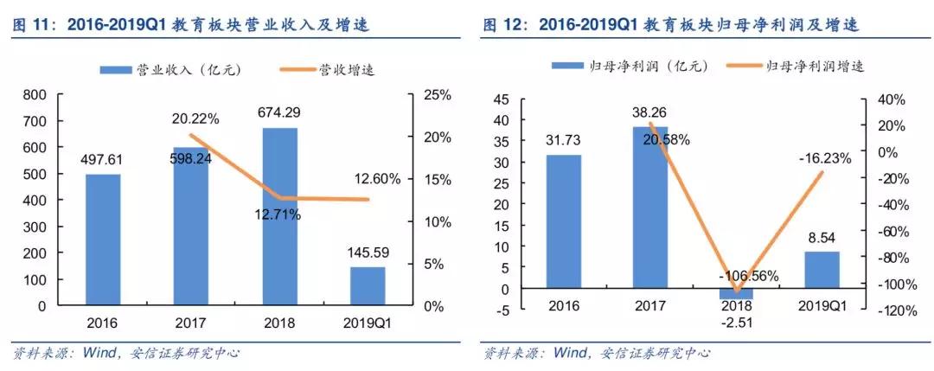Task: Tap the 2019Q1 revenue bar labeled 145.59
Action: click(368, 286)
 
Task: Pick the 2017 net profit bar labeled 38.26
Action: click(649, 208)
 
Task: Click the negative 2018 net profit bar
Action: click(736, 294)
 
